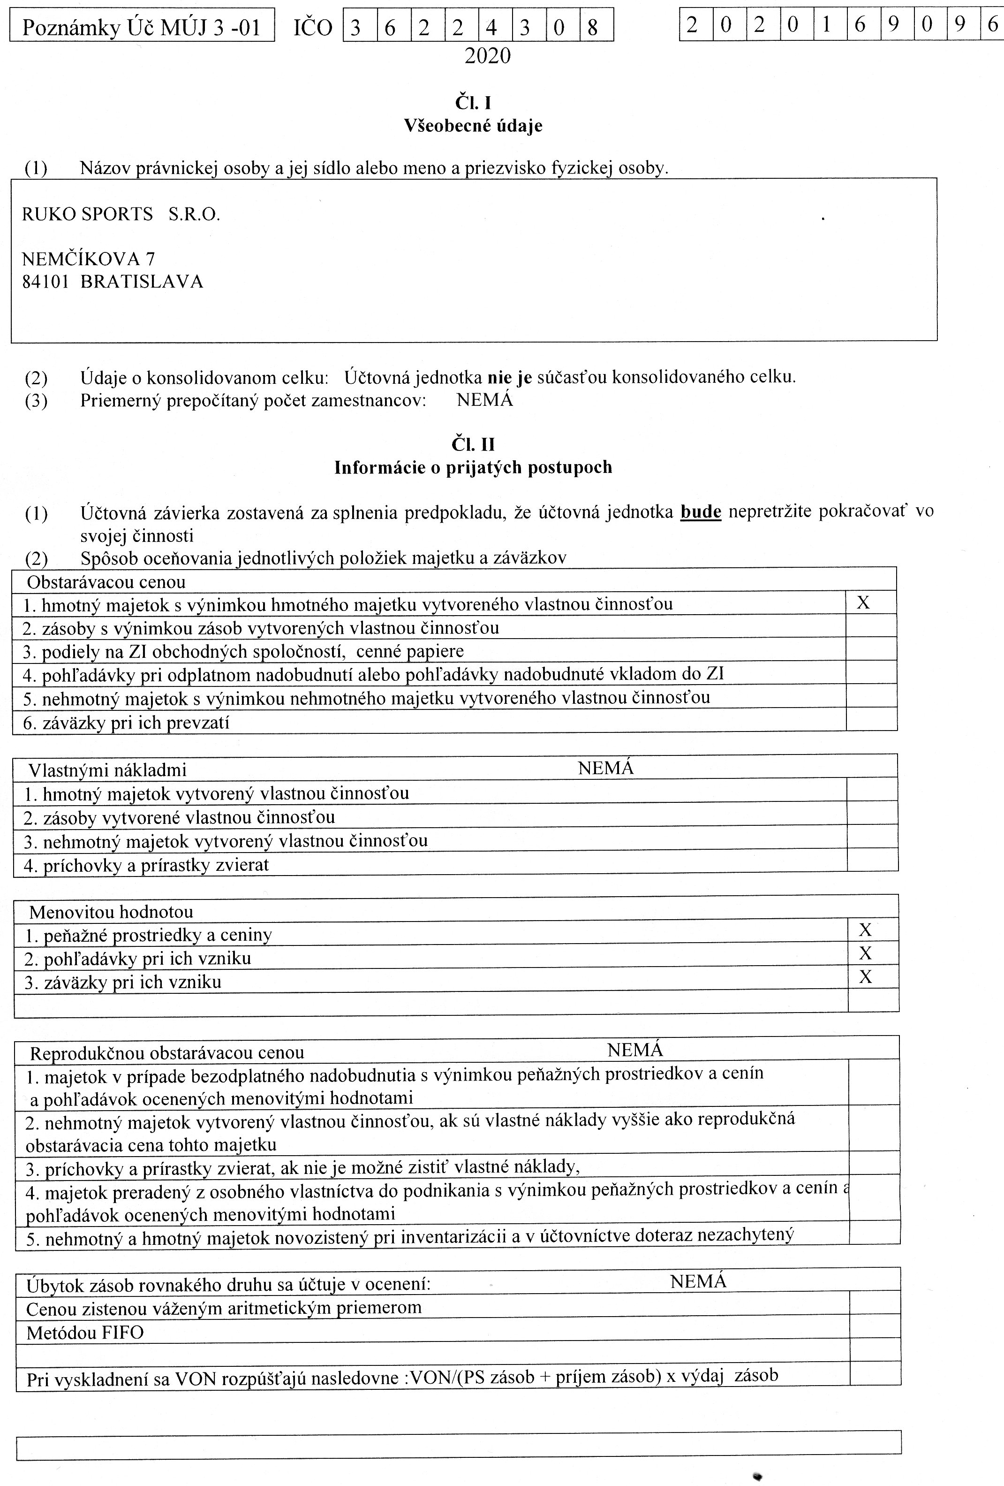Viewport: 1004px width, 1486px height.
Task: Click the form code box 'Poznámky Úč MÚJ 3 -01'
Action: click(x=142, y=26)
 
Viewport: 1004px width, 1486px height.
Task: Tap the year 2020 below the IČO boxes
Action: click(x=488, y=57)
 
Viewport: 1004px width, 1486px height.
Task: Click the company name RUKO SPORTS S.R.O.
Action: click(x=121, y=214)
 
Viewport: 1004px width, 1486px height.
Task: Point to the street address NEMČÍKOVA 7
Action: click(x=88, y=259)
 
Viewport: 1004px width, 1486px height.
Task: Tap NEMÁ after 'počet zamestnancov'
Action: click(x=484, y=400)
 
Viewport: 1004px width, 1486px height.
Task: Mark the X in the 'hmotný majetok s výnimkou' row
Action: click(x=863, y=603)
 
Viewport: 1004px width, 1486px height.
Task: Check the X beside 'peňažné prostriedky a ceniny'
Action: click(x=865, y=930)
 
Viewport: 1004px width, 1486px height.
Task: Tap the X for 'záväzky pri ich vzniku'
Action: click(x=865, y=977)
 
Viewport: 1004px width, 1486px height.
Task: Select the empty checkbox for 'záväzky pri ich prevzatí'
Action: click(x=871, y=719)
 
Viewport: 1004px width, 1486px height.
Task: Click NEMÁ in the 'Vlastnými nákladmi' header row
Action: click(x=605, y=768)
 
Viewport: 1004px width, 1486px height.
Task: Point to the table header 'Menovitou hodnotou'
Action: click(x=111, y=912)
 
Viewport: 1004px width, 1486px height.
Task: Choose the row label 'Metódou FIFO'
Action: click(x=85, y=1333)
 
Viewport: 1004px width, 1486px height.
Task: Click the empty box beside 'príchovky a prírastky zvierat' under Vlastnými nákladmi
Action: click(x=872, y=860)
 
